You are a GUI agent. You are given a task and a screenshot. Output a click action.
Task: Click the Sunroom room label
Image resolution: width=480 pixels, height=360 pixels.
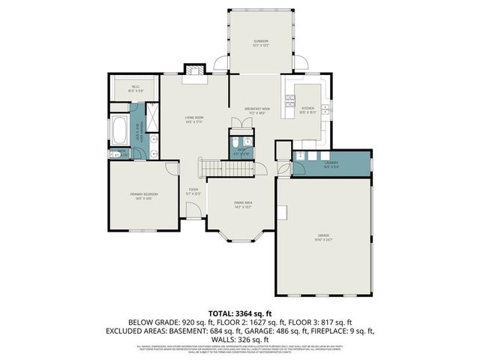(x=260, y=42)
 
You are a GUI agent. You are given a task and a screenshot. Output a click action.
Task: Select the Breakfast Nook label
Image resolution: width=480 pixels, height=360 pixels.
(x=257, y=110)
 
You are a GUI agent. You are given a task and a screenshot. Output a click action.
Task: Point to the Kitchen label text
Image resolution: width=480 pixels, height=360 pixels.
(x=308, y=109)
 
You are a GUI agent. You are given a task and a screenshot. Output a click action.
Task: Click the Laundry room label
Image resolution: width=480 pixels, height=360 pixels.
(x=331, y=163)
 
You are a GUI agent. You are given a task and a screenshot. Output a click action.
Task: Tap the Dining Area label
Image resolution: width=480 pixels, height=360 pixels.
(x=243, y=203)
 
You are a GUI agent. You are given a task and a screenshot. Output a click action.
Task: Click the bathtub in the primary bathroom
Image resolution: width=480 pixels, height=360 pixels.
(x=119, y=131)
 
